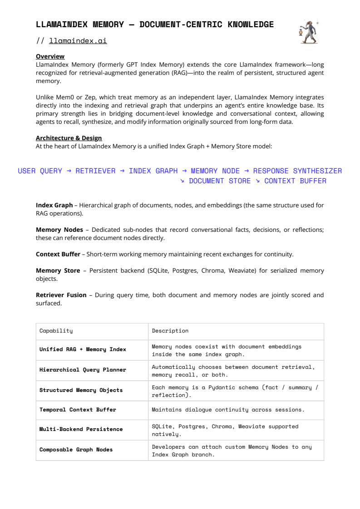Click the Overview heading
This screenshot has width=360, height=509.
(x=50, y=57)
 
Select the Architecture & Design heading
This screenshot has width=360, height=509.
(x=69, y=138)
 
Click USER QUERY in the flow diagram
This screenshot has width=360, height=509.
(x=40, y=171)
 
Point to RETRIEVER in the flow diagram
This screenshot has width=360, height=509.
(x=95, y=171)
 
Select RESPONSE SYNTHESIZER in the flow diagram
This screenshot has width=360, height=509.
(x=297, y=171)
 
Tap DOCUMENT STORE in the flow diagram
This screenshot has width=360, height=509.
(x=220, y=181)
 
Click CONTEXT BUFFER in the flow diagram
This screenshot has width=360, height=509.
(x=295, y=181)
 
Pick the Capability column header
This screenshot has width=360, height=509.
(x=56, y=331)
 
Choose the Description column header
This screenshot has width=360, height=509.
(x=170, y=331)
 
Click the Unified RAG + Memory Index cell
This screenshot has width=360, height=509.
(x=83, y=349)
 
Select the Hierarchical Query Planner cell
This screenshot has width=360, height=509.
(x=83, y=370)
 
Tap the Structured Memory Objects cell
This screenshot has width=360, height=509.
(x=81, y=390)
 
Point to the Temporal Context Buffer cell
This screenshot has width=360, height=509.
(x=78, y=410)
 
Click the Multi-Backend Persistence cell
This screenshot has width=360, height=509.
(x=81, y=429)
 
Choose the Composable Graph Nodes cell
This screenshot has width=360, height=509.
(x=76, y=450)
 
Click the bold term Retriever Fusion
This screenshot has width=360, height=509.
(x=61, y=295)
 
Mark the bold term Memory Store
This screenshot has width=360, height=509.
(x=58, y=270)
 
